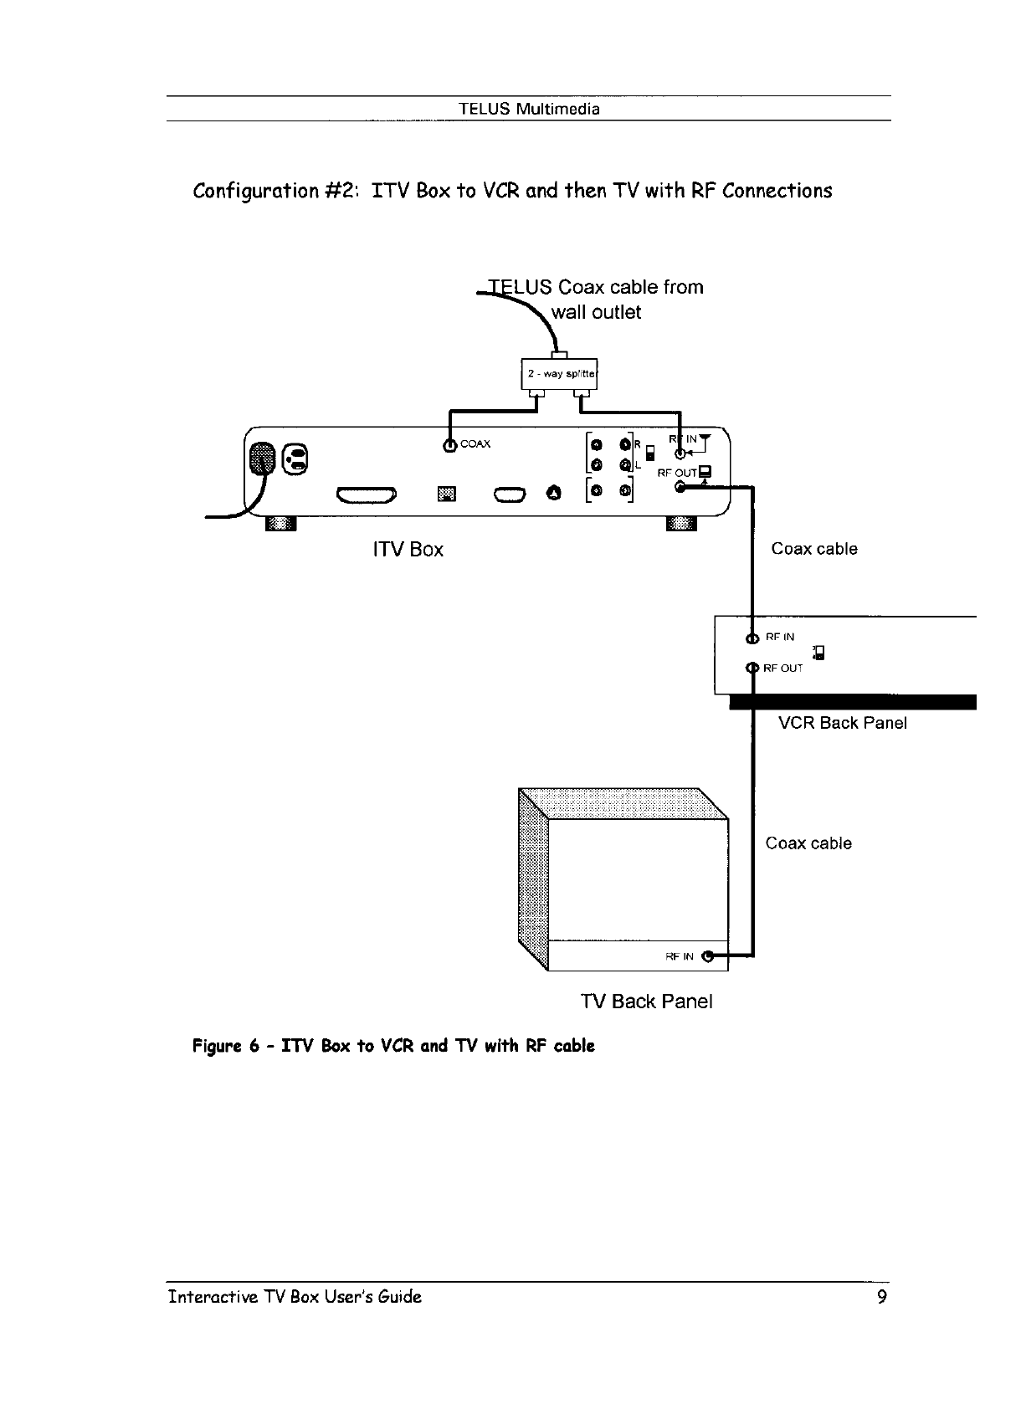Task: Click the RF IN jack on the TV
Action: [709, 956]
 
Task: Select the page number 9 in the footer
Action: [881, 1297]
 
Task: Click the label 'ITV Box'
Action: [407, 550]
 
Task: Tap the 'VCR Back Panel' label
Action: [842, 724]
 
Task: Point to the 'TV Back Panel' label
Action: [646, 1002]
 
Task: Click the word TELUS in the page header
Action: [485, 110]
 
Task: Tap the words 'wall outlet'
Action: [595, 313]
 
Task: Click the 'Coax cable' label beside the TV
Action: [808, 843]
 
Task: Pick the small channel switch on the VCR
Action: [819, 653]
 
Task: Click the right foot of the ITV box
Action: [680, 524]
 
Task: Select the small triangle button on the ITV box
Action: [553, 494]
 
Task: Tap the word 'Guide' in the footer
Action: [399, 1297]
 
